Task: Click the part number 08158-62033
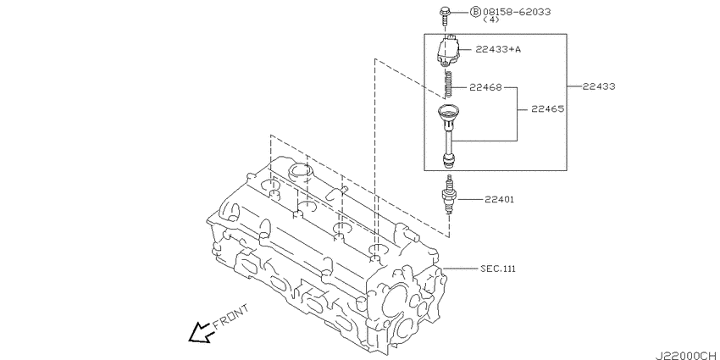click(x=517, y=12)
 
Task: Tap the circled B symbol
click(x=476, y=12)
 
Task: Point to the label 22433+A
click(x=498, y=49)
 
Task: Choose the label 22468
click(x=485, y=87)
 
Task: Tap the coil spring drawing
click(x=449, y=83)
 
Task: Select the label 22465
click(x=548, y=109)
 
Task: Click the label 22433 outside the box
click(x=599, y=86)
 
